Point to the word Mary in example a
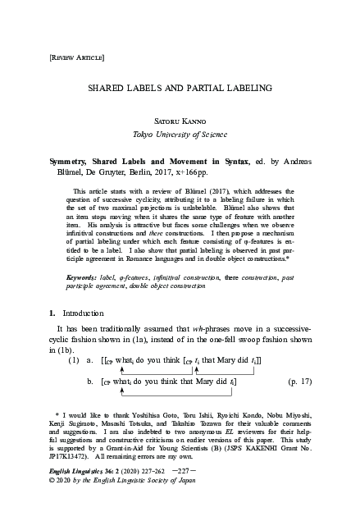coord(233,360)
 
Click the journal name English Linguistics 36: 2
coord(75,489)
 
